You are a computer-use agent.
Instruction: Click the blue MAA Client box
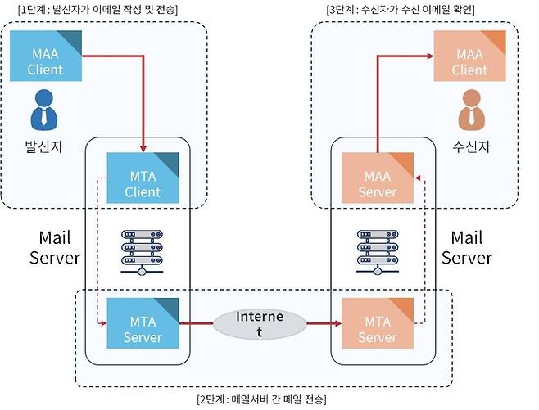point(45,56)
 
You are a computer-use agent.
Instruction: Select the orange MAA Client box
point(469,56)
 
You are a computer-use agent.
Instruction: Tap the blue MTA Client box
point(143,179)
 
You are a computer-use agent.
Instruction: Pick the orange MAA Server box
point(378,179)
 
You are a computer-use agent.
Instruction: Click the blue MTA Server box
point(143,324)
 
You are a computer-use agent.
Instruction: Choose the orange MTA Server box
point(378,324)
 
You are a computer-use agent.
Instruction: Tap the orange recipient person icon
point(469,110)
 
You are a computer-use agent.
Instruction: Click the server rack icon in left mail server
point(143,251)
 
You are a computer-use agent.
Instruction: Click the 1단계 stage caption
point(97,9)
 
